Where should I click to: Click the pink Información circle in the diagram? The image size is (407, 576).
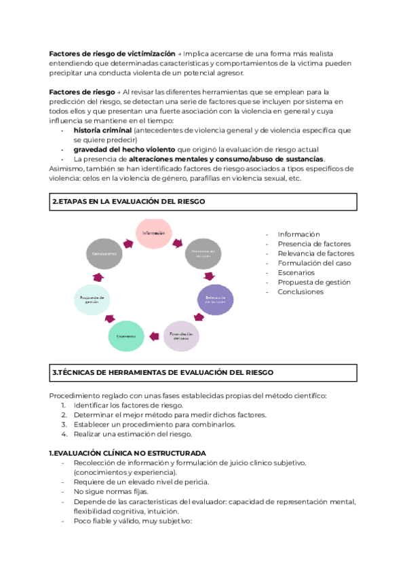click(154, 234)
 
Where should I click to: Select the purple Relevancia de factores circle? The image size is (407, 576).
click(215, 300)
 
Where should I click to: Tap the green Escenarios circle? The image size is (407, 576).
click(128, 336)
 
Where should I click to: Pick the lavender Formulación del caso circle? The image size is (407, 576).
click(182, 336)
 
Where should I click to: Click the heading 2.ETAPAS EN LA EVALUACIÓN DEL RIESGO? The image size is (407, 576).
click(128, 202)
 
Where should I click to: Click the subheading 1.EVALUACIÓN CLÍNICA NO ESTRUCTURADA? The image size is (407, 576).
click(128, 453)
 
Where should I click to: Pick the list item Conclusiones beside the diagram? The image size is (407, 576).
click(301, 291)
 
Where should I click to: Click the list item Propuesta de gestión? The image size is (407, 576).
click(314, 282)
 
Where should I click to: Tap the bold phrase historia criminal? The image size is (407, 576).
click(102, 130)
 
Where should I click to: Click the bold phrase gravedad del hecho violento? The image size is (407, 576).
click(124, 149)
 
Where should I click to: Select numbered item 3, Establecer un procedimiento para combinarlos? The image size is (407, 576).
click(155, 425)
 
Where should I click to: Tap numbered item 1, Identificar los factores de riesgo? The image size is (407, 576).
click(124, 406)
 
